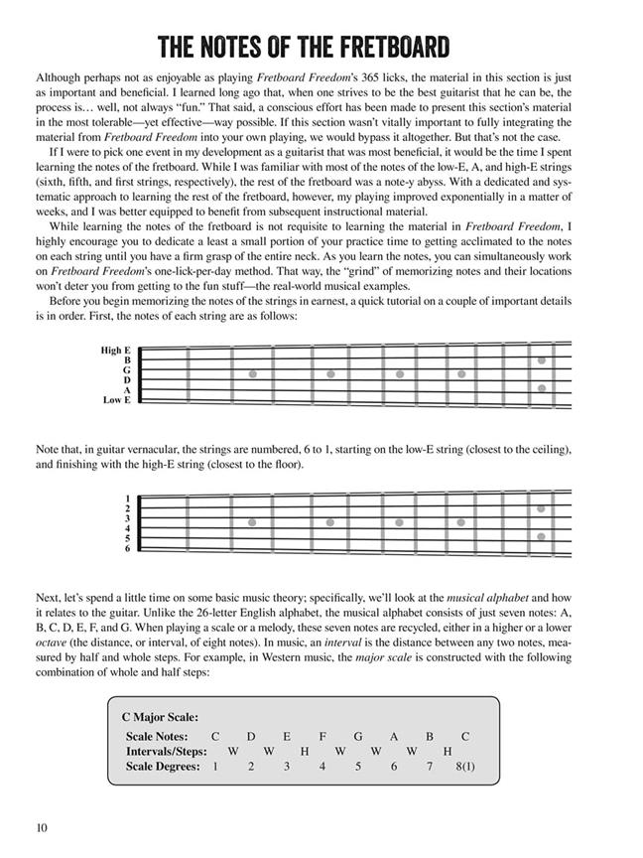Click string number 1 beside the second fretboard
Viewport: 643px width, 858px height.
128,498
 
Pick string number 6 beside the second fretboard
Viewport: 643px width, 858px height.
128,548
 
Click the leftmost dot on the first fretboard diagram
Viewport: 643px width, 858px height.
252,374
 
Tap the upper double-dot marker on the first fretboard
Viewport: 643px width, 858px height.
541,361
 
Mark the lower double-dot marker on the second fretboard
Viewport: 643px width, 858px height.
541,536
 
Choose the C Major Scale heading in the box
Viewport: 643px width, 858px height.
160,715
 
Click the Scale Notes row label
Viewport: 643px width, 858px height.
162,737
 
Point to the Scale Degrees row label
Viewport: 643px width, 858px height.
164,767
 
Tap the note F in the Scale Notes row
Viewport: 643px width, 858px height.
322,737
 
